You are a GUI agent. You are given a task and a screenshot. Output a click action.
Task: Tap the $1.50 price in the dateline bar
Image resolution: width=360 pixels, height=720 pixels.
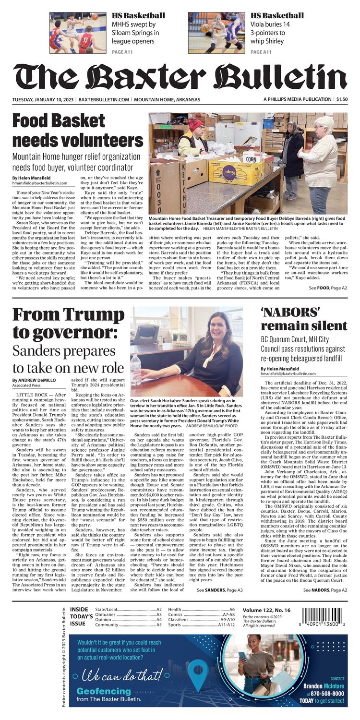coord(342,99)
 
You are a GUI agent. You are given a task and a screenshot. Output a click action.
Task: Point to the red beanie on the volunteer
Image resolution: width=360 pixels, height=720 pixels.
coord(195,124)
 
